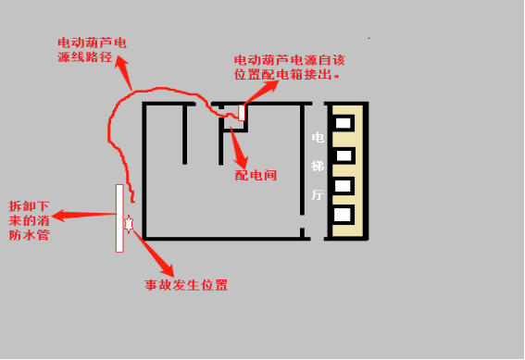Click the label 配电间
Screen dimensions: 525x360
point(256,175)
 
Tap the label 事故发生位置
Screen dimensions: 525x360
point(186,285)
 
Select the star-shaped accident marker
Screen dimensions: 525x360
point(129,224)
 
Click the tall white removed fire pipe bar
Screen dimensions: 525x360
point(119,218)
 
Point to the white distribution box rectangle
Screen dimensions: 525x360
point(242,113)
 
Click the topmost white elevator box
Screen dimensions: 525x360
point(344,123)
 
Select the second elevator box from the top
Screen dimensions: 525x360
point(344,155)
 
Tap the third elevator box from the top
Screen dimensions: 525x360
point(343,186)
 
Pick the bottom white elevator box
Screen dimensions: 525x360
point(343,215)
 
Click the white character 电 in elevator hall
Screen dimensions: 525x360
point(318,137)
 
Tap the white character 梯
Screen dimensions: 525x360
point(318,166)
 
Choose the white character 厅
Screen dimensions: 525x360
point(318,194)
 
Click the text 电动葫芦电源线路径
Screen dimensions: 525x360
point(92,50)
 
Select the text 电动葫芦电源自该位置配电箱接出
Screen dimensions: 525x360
point(289,68)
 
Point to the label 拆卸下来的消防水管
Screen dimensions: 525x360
point(30,220)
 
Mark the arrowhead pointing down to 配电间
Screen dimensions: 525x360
point(242,161)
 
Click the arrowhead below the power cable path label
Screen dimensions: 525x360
point(121,64)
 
